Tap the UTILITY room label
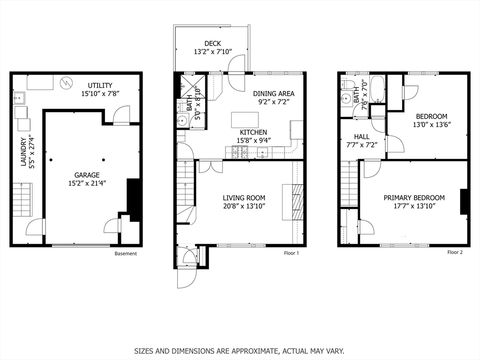coord(100,85)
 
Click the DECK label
coord(212,44)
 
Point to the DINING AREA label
coord(274,94)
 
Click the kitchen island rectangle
coord(245,120)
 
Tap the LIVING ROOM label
coord(244,198)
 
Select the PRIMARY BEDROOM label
coord(414,198)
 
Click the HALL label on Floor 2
coord(361,136)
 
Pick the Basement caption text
coord(126,254)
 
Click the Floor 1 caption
coord(291,253)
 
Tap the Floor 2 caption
coord(455,252)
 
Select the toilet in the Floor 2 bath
coord(348,84)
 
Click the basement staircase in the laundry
coord(22,200)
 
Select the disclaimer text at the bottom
coord(240,351)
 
